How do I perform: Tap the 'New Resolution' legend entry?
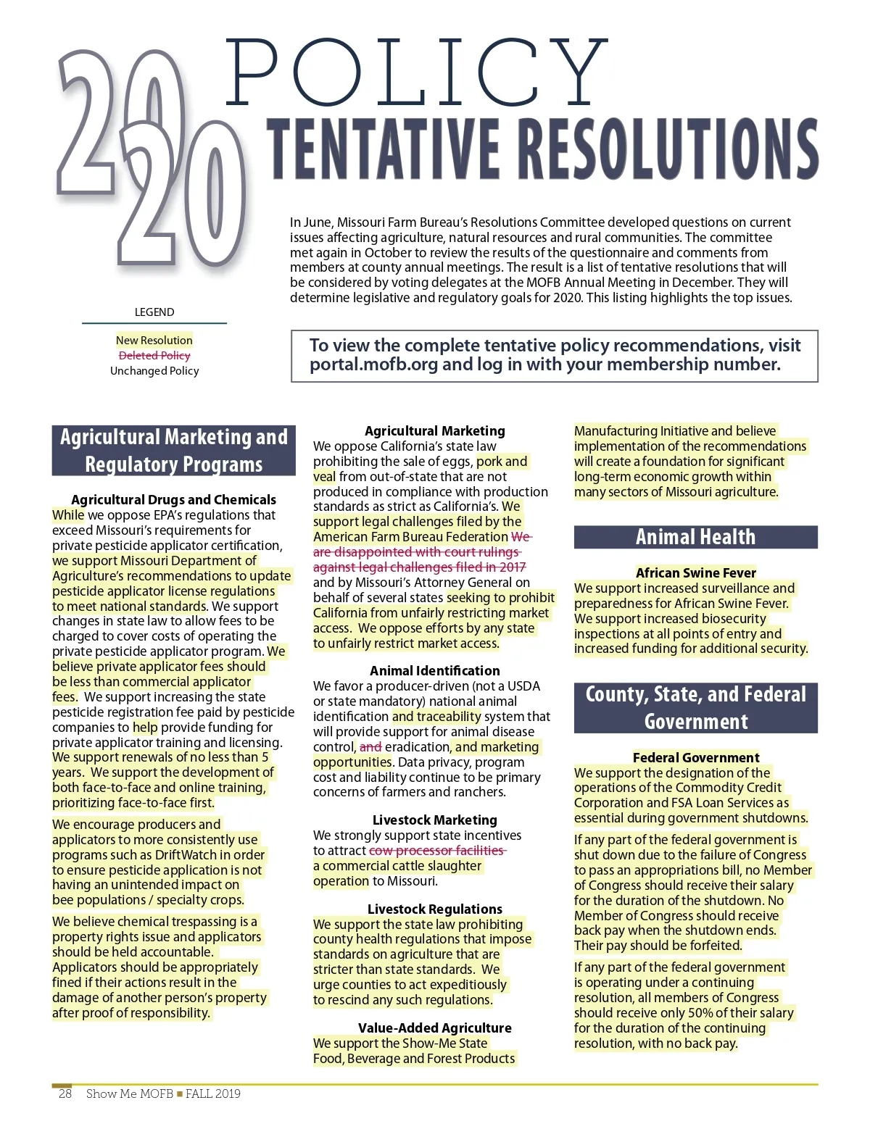click(x=154, y=340)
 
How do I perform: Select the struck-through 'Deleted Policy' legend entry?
click(x=154, y=355)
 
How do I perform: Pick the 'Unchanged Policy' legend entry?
click(x=154, y=370)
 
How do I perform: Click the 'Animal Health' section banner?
click(x=695, y=537)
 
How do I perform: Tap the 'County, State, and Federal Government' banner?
click(x=695, y=707)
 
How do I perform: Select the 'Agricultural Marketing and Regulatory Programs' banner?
click(x=173, y=450)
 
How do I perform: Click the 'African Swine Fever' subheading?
click(x=695, y=572)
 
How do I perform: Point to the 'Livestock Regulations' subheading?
click(x=434, y=909)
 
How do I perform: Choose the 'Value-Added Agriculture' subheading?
click(x=434, y=1028)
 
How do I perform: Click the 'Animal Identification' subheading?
click(x=434, y=670)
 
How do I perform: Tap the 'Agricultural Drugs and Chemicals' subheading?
click(x=173, y=499)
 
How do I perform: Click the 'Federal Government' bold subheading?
click(x=695, y=757)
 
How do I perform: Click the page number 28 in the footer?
click(x=65, y=1093)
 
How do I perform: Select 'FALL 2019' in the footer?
click(x=213, y=1093)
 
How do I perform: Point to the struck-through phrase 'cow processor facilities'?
click(x=436, y=850)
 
